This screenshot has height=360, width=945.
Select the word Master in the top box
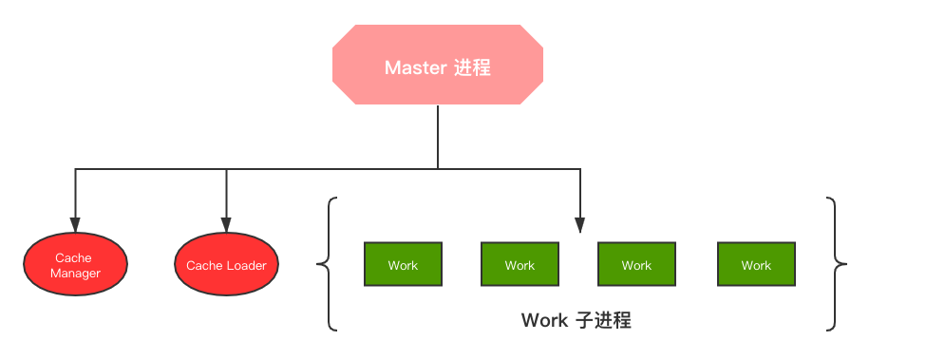point(414,68)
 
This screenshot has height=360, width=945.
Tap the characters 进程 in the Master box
point(472,68)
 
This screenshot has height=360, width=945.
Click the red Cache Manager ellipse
point(74,265)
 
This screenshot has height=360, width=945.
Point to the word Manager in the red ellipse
point(74,274)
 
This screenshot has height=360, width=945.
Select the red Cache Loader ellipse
point(226,265)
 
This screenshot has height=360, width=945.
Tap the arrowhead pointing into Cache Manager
point(74,225)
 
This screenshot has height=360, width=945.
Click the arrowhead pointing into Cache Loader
point(226,225)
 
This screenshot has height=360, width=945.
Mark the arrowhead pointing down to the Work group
point(579,226)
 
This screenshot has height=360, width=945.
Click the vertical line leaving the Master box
point(438,138)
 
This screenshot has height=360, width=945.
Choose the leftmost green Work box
point(403,265)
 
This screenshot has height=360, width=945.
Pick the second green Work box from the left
point(520,265)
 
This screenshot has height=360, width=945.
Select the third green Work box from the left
point(636,265)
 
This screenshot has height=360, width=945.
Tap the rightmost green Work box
point(756,265)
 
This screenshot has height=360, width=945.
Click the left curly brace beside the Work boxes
point(328,264)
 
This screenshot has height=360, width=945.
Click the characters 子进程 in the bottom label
point(604,320)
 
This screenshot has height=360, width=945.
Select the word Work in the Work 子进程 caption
point(543,320)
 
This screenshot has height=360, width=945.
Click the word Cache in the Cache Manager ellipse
point(74,257)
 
